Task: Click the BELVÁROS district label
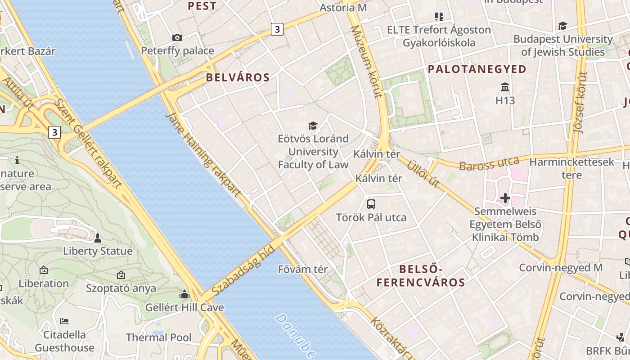pos(238,77)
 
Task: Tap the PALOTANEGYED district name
pos(477,69)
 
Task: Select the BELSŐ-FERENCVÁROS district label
pos(420,276)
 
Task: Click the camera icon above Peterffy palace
pos(177,37)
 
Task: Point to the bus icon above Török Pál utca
pos(371,204)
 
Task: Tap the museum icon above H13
pos(505,87)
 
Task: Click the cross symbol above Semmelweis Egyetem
pos(505,198)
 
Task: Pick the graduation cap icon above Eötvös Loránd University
pos(313,126)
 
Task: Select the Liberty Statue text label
pos(98,251)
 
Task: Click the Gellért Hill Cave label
pos(184,308)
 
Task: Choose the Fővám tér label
pos(303,269)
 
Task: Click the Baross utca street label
pos(489,164)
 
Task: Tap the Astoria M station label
pos(343,8)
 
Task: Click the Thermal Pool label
pos(158,337)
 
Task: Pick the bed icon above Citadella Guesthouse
pos(64,321)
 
